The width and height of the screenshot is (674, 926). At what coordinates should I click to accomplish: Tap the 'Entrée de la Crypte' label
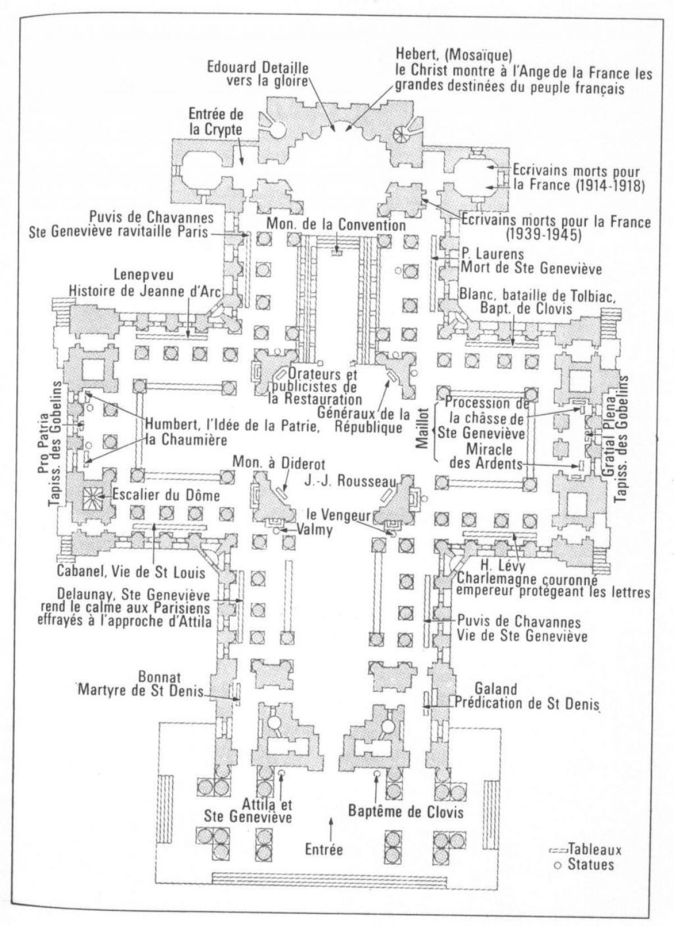tap(217, 121)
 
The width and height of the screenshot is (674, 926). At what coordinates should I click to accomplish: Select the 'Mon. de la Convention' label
tap(336, 225)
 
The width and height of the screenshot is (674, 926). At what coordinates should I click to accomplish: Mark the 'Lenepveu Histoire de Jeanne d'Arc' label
tap(145, 282)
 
